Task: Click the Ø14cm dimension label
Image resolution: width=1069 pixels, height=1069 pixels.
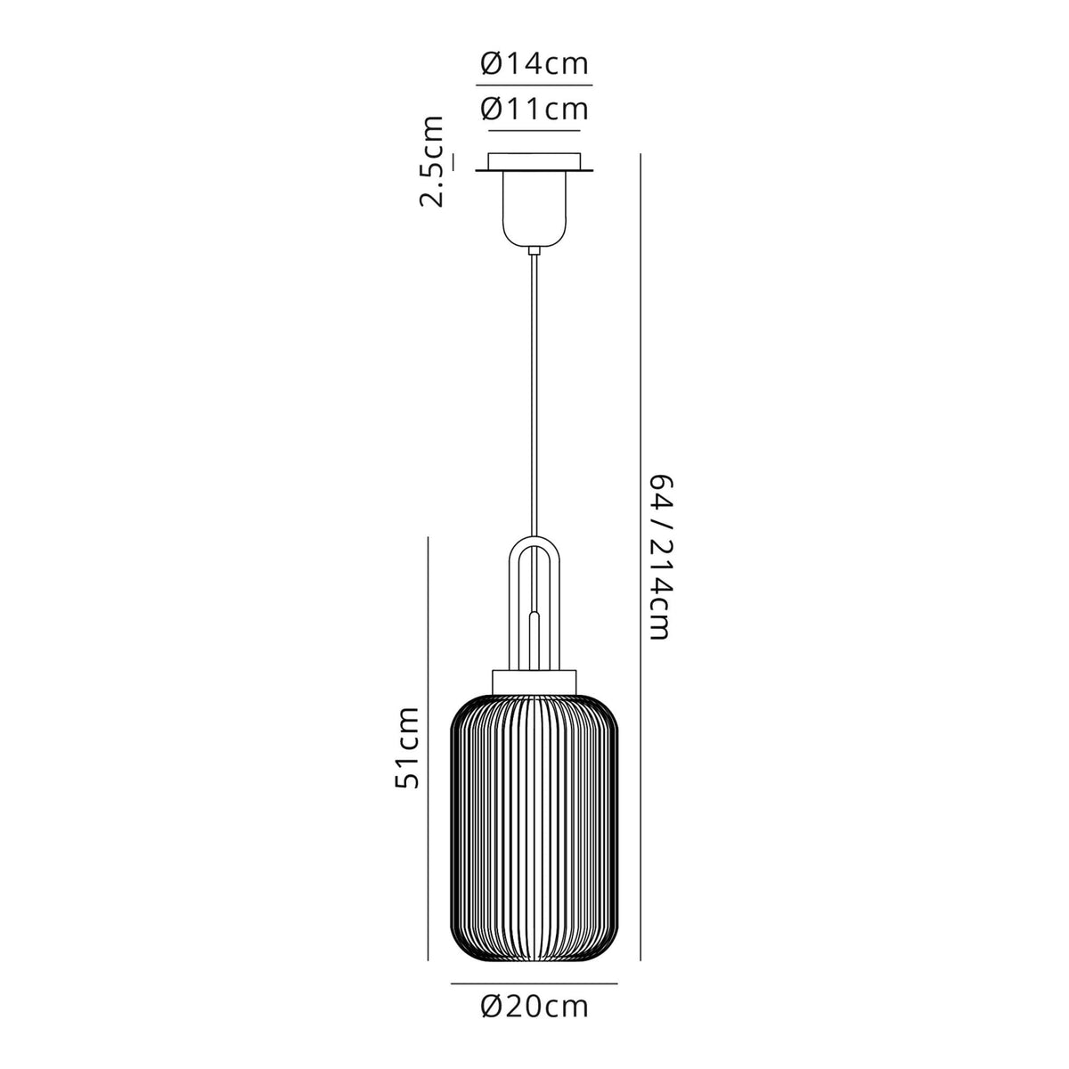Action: click(x=534, y=65)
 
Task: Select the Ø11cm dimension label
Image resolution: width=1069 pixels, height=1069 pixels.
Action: click(x=534, y=109)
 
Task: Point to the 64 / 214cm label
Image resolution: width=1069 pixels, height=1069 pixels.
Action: click(x=660, y=557)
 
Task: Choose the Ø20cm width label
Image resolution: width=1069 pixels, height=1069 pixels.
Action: click(x=534, y=1007)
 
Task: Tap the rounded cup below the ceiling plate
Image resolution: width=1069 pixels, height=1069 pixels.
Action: click(x=534, y=210)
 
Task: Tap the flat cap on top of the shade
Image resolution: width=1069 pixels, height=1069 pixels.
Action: click(x=534, y=677)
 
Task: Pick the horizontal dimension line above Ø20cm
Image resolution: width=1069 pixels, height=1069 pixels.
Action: click(x=534, y=983)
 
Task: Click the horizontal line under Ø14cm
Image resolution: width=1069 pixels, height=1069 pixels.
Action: click(x=534, y=85)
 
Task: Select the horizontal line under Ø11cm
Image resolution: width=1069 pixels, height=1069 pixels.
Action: click(x=534, y=128)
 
